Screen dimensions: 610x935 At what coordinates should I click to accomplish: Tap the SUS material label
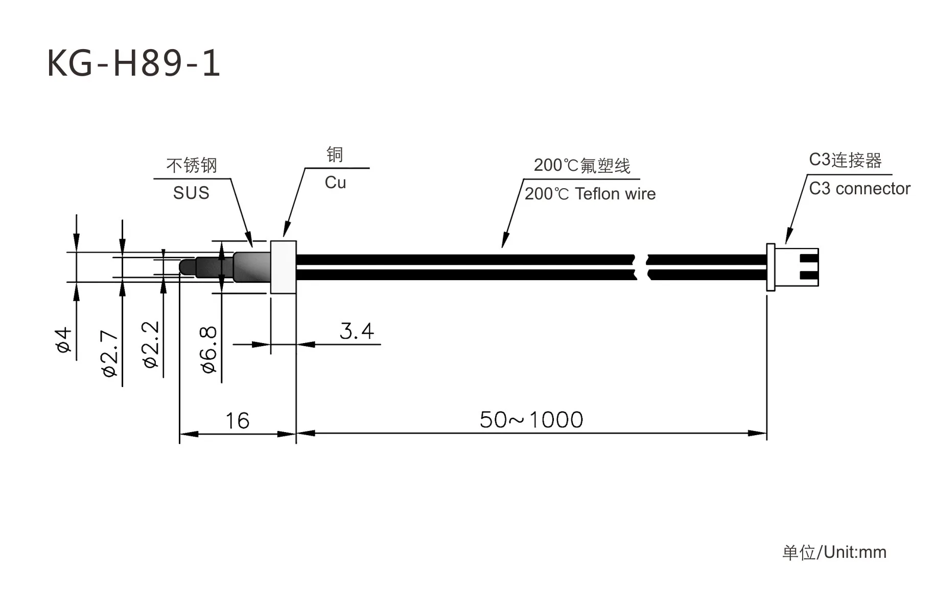191,193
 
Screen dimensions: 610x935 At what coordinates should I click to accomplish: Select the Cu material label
335,183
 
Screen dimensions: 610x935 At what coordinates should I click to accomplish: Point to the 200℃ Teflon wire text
590,194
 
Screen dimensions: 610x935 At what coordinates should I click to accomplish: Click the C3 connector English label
859,189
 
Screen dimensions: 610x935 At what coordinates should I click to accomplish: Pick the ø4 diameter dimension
64,341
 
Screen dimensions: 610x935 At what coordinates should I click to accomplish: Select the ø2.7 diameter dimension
110,353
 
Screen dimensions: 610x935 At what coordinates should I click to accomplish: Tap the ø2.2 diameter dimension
151,345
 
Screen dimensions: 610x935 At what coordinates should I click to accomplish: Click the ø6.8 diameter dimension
209,350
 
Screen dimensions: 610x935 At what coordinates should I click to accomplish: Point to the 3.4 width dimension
357,331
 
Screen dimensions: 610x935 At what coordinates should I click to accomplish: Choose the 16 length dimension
237,421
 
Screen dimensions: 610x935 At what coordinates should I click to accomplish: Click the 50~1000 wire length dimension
531,420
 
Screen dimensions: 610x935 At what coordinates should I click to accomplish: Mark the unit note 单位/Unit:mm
834,552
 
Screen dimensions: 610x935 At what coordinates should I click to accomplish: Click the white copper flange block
283,267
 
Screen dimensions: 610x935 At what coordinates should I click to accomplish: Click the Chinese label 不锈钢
192,165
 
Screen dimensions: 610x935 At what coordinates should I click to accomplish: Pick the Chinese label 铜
335,154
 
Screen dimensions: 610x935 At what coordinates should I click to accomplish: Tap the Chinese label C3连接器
845,160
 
